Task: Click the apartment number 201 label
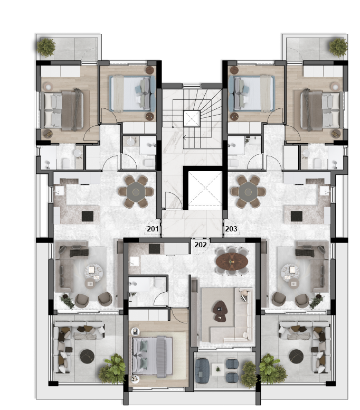coord(153,229)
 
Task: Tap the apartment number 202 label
coord(201,245)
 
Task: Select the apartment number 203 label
coord(231,229)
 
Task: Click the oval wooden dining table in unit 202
coord(232,261)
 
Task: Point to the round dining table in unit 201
coord(136,192)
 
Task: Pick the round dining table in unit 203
coord(248,192)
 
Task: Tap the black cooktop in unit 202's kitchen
coord(154,248)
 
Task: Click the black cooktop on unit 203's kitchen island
coord(297,216)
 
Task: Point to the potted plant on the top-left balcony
coord(46,48)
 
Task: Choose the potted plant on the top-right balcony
coord(338,48)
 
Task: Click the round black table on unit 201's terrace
coord(87,356)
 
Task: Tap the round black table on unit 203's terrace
coord(297,356)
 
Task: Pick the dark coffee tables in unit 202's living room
coord(220,311)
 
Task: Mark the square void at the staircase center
coord(192,119)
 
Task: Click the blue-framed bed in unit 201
coord(132,94)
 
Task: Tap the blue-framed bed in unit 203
coord(251,94)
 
